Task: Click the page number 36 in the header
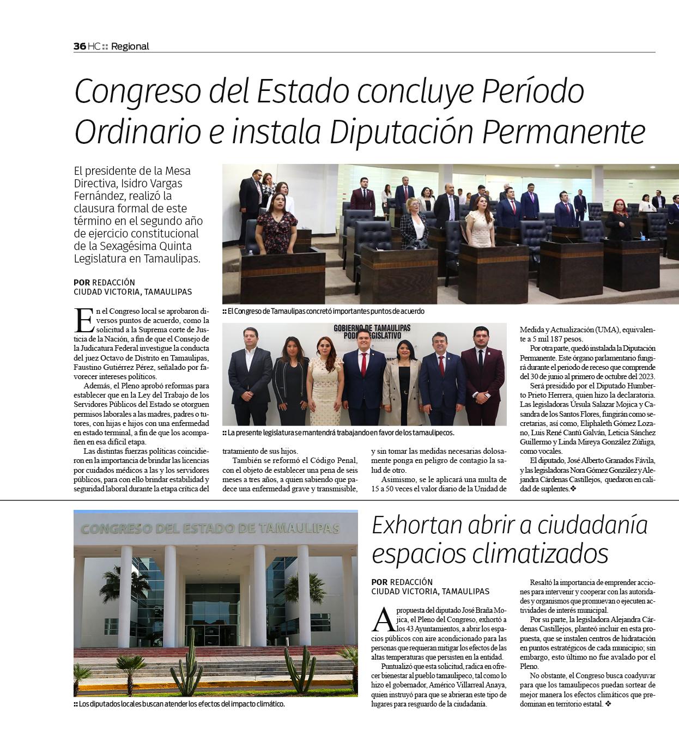click(x=80, y=46)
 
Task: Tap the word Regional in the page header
click(x=130, y=46)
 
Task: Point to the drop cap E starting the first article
click(x=84, y=320)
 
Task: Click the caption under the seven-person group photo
click(x=338, y=433)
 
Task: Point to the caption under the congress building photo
click(x=179, y=704)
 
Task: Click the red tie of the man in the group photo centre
click(x=363, y=364)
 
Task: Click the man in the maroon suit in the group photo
click(x=482, y=376)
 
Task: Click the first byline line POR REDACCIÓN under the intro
click(x=104, y=282)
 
